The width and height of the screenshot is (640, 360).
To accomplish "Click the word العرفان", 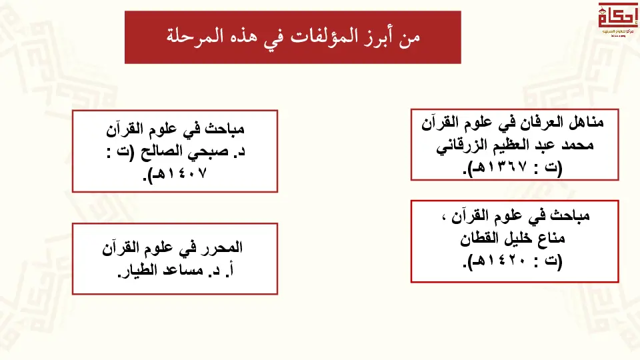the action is [x=541, y=122].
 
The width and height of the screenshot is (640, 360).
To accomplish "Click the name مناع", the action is [x=551, y=237].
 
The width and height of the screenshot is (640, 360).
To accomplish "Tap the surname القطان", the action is [x=480, y=237].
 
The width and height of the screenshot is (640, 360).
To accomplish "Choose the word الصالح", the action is [x=161, y=152].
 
